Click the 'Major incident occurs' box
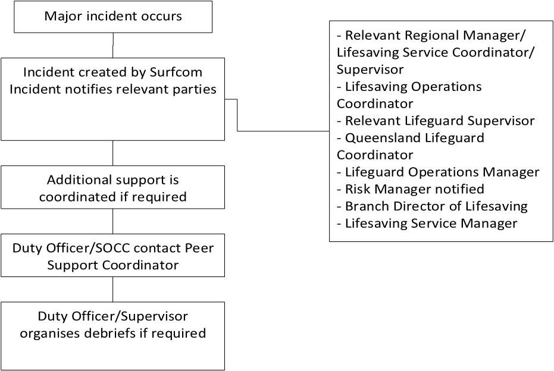(x=113, y=16)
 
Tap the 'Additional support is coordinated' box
(x=113, y=187)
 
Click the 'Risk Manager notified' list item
(x=414, y=189)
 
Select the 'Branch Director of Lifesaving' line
(x=436, y=206)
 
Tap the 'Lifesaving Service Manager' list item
(x=431, y=224)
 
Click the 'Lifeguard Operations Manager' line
(x=442, y=172)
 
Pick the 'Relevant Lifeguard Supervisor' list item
(x=439, y=121)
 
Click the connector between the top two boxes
(x=113, y=45)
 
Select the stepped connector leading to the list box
(x=237, y=115)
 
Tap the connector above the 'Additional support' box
(x=113, y=153)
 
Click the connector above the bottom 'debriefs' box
(x=113, y=289)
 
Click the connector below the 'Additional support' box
(x=113, y=221)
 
